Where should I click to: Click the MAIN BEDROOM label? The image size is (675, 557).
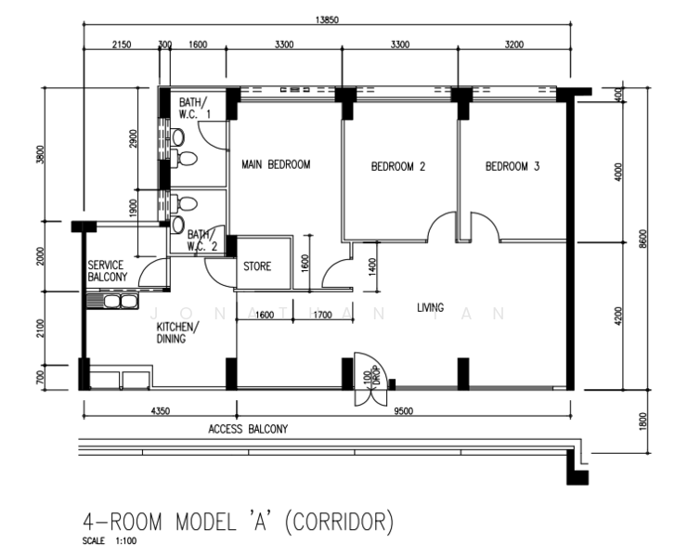pyautogui.click(x=276, y=164)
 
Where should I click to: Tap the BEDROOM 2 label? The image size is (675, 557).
pyautogui.click(x=397, y=166)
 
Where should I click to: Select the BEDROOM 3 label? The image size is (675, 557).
pyautogui.click(x=513, y=166)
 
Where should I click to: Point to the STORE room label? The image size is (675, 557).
pyautogui.click(x=257, y=266)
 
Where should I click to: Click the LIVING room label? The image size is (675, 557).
pyautogui.click(x=430, y=307)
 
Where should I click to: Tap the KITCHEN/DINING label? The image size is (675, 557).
pyautogui.click(x=177, y=332)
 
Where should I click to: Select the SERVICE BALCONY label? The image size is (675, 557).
pyautogui.click(x=108, y=271)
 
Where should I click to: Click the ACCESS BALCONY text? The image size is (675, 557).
pyautogui.click(x=248, y=429)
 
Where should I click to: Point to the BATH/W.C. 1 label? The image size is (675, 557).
pyautogui.click(x=194, y=108)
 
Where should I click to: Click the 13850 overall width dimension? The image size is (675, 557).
pyautogui.click(x=327, y=19)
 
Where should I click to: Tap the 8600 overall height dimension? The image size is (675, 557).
pyautogui.click(x=643, y=239)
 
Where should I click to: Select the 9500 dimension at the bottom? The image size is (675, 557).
pyautogui.click(x=403, y=410)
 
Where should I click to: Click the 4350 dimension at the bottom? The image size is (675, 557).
pyautogui.click(x=160, y=410)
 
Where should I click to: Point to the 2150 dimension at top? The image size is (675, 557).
pyautogui.click(x=122, y=45)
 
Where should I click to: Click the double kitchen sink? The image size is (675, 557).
pyautogui.click(x=112, y=301)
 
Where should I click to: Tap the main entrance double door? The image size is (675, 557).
pyautogui.click(x=371, y=380)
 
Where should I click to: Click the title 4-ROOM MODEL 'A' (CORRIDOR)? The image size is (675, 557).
pyautogui.click(x=238, y=522)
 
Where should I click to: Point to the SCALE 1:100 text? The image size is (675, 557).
pyautogui.click(x=110, y=541)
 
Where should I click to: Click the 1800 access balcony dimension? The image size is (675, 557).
pyautogui.click(x=643, y=421)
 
